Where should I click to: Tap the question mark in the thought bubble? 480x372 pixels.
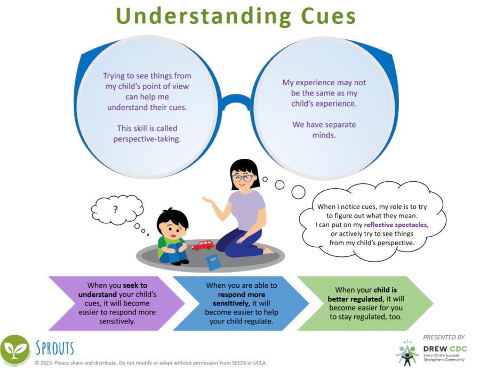115,209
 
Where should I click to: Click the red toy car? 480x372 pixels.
202,245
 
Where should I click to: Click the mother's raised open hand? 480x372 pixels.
209,201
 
